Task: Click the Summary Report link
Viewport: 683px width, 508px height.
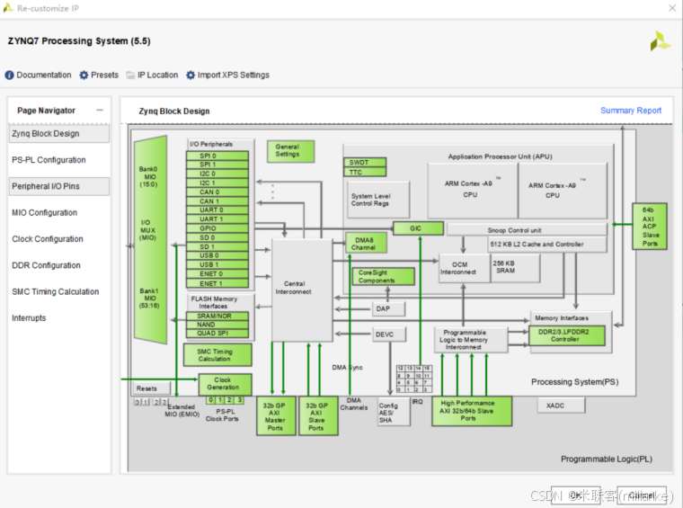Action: click(630, 111)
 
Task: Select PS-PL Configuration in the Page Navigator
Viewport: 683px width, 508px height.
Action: click(49, 160)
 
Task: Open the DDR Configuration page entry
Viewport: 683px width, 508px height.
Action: click(46, 265)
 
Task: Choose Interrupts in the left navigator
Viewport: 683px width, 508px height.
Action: click(29, 318)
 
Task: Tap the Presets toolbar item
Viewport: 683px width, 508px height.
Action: click(99, 76)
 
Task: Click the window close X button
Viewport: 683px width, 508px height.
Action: click(670, 7)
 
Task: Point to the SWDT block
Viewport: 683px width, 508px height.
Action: click(366, 163)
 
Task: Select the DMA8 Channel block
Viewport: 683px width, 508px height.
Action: click(366, 243)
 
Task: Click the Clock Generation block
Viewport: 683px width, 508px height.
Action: click(226, 384)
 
